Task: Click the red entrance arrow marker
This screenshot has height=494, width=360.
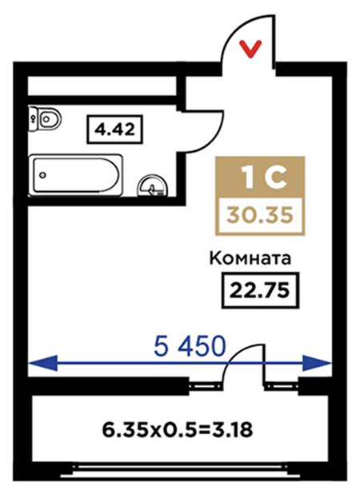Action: tap(250, 49)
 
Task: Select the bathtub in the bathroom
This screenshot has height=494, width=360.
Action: tap(76, 175)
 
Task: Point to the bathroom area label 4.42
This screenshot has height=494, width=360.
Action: tap(114, 129)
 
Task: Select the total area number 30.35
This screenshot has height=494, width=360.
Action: tap(260, 216)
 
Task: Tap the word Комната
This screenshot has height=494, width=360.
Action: tap(250, 258)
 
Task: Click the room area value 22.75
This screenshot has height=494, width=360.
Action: tap(259, 290)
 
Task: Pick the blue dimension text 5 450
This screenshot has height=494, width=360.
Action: tap(190, 345)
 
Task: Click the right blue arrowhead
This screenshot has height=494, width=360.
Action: tap(318, 364)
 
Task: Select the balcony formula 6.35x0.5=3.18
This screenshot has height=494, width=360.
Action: tap(178, 430)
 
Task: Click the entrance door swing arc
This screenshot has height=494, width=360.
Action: tap(232, 33)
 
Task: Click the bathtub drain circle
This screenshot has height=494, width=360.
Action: tap(43, 175)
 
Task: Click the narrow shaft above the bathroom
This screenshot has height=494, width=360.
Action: tap(102, 85)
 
